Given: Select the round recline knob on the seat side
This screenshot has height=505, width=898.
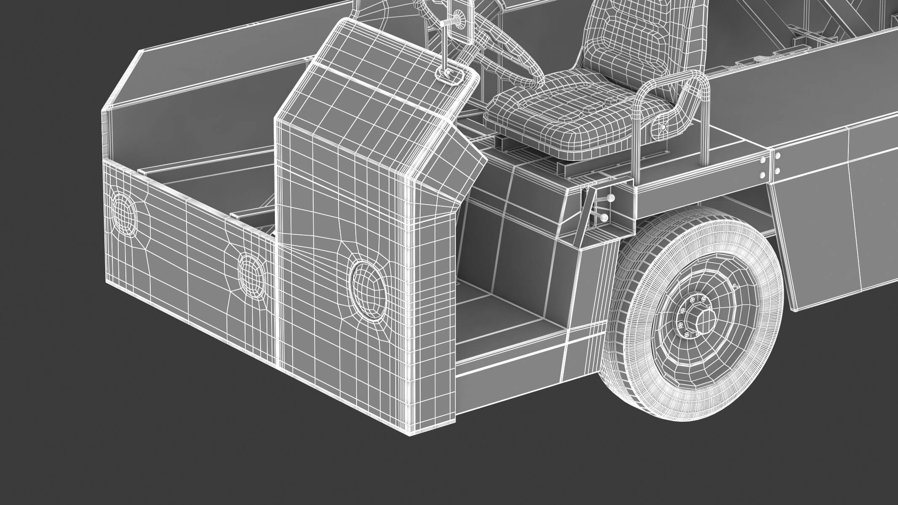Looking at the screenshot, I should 663,127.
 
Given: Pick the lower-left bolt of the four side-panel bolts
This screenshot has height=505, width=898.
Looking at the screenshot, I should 762,175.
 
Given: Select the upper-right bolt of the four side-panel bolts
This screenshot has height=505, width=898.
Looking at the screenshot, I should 778,156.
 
